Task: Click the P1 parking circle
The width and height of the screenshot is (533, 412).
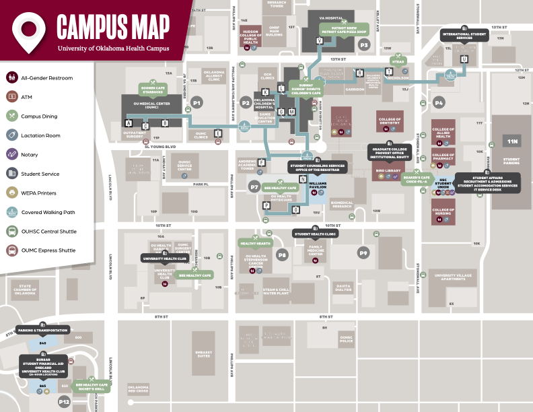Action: [x=197, y=102]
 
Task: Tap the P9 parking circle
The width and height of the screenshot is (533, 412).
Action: [x=363, y=253]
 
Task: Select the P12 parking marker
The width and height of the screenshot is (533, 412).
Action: [x=64, y=402]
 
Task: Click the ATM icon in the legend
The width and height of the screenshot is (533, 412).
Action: [x=12, y=97]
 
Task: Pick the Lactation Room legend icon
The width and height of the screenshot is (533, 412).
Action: [x=12, y=135]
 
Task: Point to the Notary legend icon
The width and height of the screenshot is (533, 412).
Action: [x=12, y=155]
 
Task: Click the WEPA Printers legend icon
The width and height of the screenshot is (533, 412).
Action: [x=12, y=193]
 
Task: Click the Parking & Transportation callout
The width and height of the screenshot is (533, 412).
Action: [x=42, y=331]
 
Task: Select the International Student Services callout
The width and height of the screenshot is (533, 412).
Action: [x=464, y=36]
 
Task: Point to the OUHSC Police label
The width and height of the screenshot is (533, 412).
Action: [x=346, y=339]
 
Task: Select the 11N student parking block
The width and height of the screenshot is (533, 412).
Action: [x=513, y=141]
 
